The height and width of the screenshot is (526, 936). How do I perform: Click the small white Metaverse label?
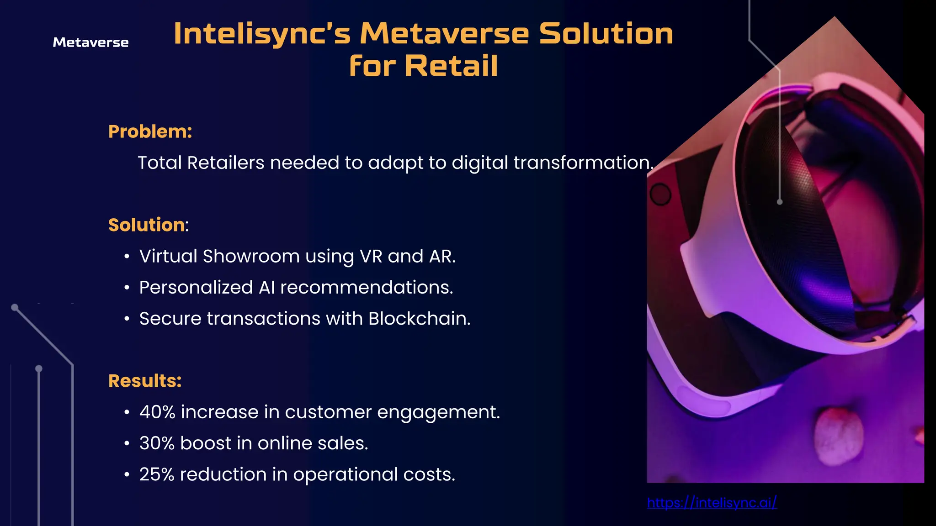coord(90,42)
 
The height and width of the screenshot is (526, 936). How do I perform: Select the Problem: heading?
coord(150,131)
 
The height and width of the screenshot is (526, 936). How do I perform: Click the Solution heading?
coord(147,225)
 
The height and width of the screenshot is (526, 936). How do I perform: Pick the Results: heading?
coord(145,381)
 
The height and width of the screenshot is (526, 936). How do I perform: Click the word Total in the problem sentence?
coord(160,163)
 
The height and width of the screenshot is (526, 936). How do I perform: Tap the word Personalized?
coord(196,288)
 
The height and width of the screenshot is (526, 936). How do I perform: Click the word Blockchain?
coord(419,319)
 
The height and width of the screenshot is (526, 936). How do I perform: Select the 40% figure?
coord(157,412)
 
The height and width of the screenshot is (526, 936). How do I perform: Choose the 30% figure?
coord(157,443)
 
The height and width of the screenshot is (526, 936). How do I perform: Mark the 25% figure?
coord(157,474)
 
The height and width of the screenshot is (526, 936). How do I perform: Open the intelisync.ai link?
coord(712,503)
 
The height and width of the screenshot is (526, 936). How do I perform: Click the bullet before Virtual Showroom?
coord(127,257)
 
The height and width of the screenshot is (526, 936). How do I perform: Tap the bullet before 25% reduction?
coord(127,475)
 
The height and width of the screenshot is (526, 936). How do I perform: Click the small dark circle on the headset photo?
coord(660,195)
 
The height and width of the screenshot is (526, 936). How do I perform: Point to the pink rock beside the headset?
coord(839,436)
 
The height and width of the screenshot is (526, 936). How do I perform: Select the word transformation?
coord(583,163)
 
